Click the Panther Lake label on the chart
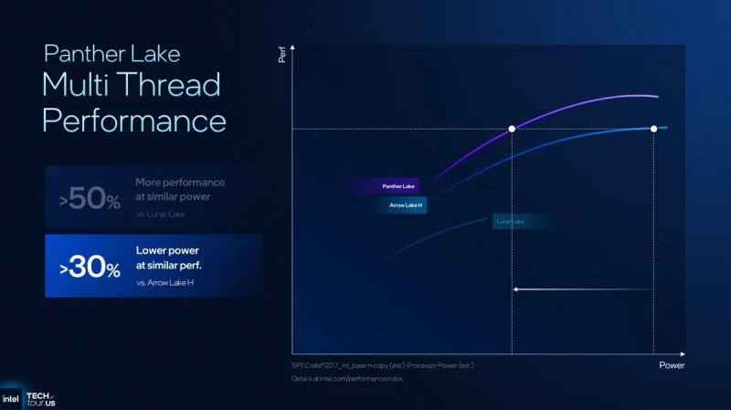pos(397,186)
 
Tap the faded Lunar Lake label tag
pos(510,221)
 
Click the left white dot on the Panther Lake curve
pos(512,129)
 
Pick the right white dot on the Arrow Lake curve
pos(653,129)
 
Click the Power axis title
pos(672,364)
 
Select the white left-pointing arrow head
pos(516,289)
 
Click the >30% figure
pos(90,268)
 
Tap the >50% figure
pos(90,201)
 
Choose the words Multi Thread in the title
pos(131,86)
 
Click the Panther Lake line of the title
pos(111,53)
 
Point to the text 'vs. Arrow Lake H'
pos(167,284)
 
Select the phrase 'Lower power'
pos(167,249)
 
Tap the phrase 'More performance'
pos(180,183)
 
